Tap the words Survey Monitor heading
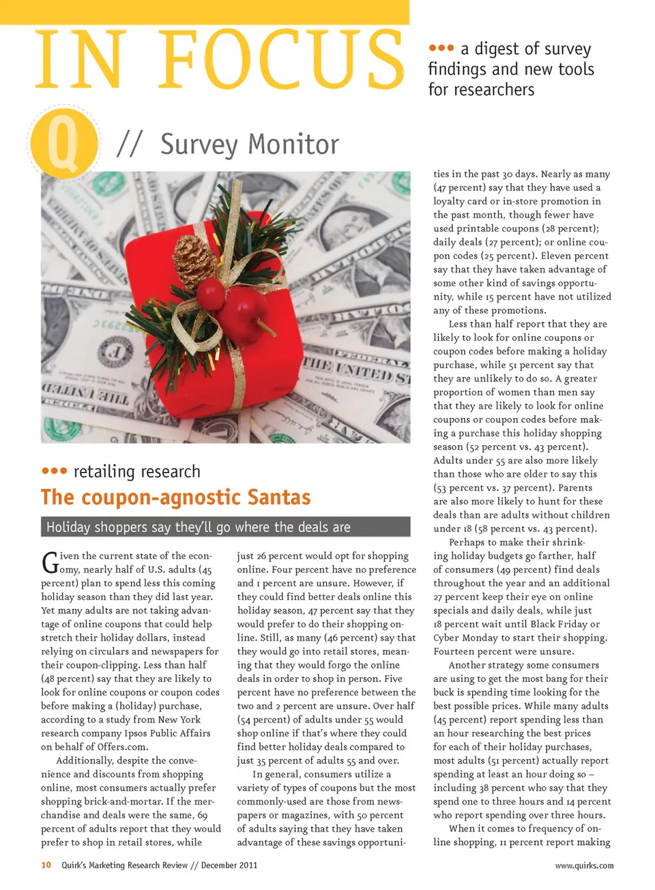point(249,145)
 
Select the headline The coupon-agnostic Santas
point(175,497)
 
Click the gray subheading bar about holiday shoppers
point(225,526)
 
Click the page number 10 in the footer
point(46,865)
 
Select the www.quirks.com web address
point(584,865)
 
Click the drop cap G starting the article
point(49,563)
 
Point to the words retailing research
point(136,471)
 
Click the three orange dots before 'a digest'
point(441,48)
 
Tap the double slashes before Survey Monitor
point(130,145)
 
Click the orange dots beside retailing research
point(54,471)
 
